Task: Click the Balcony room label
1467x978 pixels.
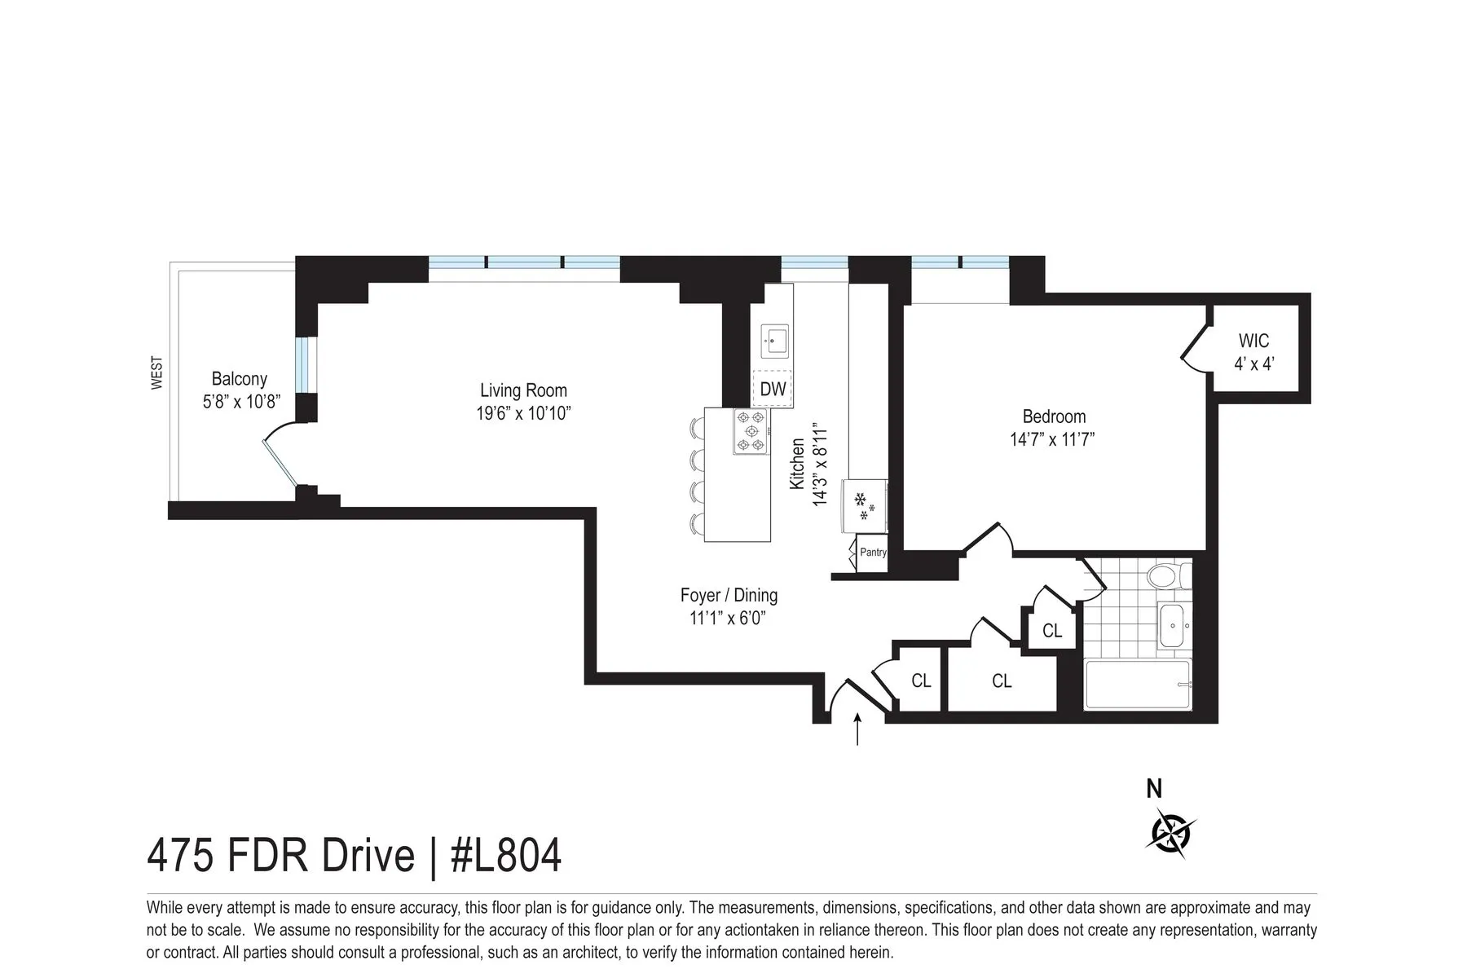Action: click(239, 379)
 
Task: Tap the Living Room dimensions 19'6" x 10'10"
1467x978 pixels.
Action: click(523, 414)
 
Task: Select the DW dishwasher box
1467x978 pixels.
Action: click(773, 389)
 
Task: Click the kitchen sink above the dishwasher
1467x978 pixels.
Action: click(773, 340)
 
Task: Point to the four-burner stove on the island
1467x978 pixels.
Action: click(751, 431)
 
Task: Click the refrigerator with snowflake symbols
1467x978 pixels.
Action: click(865, 506)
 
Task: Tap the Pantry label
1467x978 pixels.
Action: click(873, 552)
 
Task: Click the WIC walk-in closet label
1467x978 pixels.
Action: click(1253, 341)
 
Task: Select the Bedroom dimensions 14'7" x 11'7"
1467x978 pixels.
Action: click(1052, 440)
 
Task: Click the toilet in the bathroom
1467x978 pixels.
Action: click(1167, 578)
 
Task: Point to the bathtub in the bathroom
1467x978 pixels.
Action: click(1138, 685)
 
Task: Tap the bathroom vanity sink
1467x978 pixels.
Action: click(1174, 626)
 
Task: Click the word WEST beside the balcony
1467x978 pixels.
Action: click(157, 372)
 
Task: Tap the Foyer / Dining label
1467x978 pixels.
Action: click(729, 596)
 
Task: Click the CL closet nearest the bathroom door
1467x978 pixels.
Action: click(1052, 631)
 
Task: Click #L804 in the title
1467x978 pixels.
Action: click(506, 857)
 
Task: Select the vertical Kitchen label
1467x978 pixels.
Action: click(798, 465)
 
